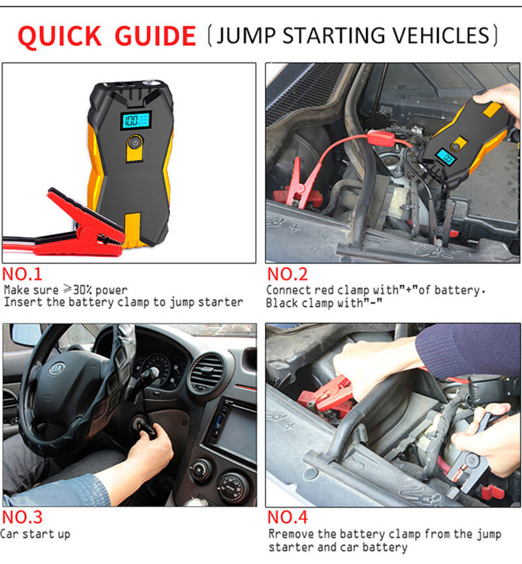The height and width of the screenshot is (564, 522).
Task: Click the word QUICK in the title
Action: (59, 36)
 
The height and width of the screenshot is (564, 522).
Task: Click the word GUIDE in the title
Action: (155, 36)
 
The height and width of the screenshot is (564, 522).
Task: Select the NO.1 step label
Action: (22, 274)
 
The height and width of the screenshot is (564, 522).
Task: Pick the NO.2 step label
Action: (287, 274)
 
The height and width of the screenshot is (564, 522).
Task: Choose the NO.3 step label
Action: (22, 517)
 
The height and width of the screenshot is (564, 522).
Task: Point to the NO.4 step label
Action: (287, 517)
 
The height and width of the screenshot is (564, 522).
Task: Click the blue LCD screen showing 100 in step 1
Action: (136, 120)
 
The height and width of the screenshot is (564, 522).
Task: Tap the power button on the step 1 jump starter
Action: (135, 143)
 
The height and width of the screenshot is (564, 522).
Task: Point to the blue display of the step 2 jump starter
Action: (446, 157)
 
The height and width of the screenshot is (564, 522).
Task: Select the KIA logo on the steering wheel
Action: (57, 368)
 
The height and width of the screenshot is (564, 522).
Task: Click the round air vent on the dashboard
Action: (207, 373)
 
